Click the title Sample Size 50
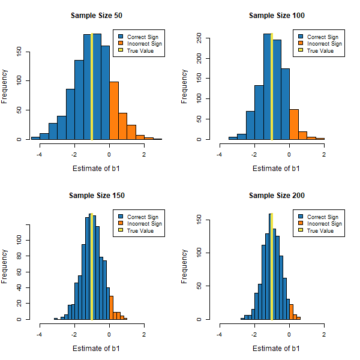point(91,15)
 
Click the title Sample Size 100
point(271,15)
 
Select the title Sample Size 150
point(91,195)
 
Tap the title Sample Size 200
point(271,195)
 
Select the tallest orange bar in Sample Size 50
point(114,111)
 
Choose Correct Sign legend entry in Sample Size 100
point(322,37)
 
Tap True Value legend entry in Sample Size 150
point(142,231)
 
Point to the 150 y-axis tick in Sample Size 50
point(19,52)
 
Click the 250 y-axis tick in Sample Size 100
point(199,40)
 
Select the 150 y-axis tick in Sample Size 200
point(199,220)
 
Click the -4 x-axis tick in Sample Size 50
point(40,154)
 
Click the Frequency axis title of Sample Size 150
point(5,267)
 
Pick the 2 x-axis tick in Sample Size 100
point(324,154)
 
